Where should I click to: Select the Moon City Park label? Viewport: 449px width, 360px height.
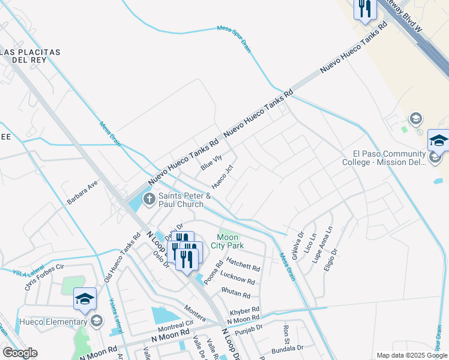tap(231, 241)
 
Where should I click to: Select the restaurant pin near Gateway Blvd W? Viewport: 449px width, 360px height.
tap(364, 8)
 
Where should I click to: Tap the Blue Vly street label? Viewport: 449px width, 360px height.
tap(211, 163)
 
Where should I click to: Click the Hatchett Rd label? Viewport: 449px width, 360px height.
tap(243, 268)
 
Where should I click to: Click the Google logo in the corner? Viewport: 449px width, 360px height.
tap(20, 353)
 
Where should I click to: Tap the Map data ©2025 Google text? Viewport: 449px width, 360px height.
tap(412, 355)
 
